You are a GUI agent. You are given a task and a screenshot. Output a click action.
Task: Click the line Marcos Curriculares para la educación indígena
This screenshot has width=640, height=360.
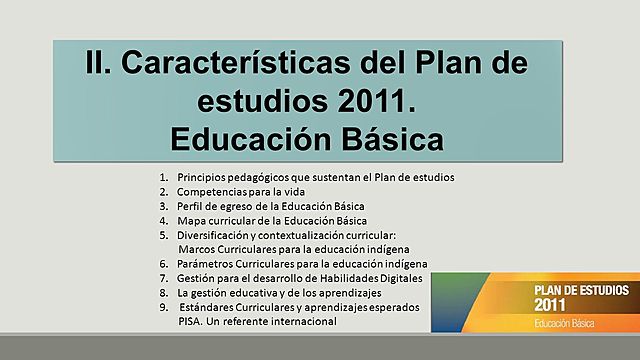[293, 248]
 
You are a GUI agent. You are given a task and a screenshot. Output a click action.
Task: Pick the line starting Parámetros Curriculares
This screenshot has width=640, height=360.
[296, 263]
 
